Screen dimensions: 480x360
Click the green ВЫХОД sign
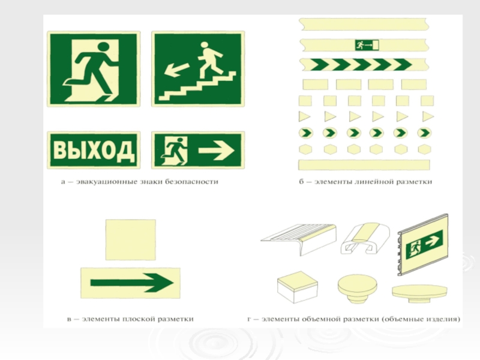pyautogui.click(x=94, y=150)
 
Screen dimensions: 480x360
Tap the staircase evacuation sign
pyautogui.click(x=198, y=69)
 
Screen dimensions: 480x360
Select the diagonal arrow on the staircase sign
pyautogui.click(x=176, y=69)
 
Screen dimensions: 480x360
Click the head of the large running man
pyautogui.click(x=103, y=47)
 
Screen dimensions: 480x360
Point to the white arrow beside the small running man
pyautogui.click(x=217, y=150)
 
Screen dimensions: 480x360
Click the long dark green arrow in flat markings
pyautogui.click(x=132, y=283)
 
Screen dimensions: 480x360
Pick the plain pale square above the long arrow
pyautogui.click(x=131, y=239)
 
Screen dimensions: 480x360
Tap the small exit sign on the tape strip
pyautogui.click(x=367, y=45)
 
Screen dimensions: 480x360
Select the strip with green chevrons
pyautogui.click(x=364, y=65)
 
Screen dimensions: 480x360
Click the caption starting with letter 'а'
pyautogui.click(x=140, y=182)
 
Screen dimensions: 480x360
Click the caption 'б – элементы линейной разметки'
pyautogui.click(x=365, y=182)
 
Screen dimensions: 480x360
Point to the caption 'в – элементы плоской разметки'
pyautogui.click(x=130, y=319)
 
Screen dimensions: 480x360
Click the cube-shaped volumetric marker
pyautogui.click(x=298, y=287)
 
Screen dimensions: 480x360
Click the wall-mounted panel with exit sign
pyautogui.click(x=424, y=244)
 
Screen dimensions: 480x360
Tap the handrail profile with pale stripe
pyautogui.click(x=365, y=238)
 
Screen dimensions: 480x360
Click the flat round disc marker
pyautogui.click(x=419, y=292)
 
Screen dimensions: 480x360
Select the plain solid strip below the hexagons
pyautogui.click(x=364, y=164)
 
